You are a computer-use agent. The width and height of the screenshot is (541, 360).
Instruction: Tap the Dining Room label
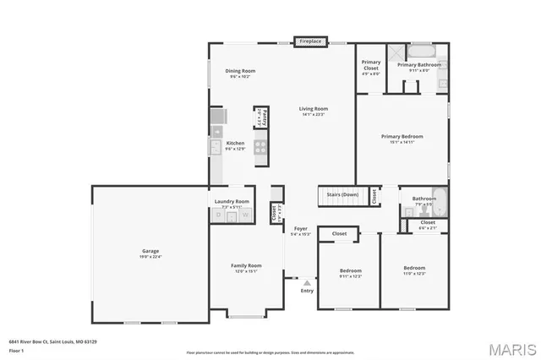pyautogui.click(x=240, y=71)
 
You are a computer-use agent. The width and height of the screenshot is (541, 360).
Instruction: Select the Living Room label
pyautogui.click(x=313, y=108)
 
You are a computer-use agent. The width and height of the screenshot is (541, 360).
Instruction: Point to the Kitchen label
pyautogui.click(x=235, y=143)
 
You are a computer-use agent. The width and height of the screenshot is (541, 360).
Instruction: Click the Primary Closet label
pyautogui.click(x=371, y=63)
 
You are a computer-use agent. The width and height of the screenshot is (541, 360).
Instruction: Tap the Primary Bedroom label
pyautogui.click(x=402, y=136)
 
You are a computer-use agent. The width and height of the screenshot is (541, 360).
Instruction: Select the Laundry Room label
pyautogui.click(x=232, y=201)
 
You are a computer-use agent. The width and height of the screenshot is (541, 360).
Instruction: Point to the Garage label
pyautogui.click(x=150, y=251)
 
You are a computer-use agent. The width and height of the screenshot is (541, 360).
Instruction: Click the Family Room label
pyautogui.click(x=246, y=265)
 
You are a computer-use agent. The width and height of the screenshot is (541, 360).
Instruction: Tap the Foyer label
pyautogui.click(x=300, y=228)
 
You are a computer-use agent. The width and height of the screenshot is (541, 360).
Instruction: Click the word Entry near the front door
pyautogui.click(x=306, y=292)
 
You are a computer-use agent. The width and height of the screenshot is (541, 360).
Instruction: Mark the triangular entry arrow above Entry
pyautogui.click(x=306, y=283)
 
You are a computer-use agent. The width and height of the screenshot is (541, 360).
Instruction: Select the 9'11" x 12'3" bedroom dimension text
pyautogui.click(x=350, y=276)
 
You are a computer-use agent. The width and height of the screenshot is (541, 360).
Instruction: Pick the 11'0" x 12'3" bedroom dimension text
pyautogui.click(x=414, y=273)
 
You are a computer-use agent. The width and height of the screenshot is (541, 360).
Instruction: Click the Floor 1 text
pyautogui.click(x=17, y=349)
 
